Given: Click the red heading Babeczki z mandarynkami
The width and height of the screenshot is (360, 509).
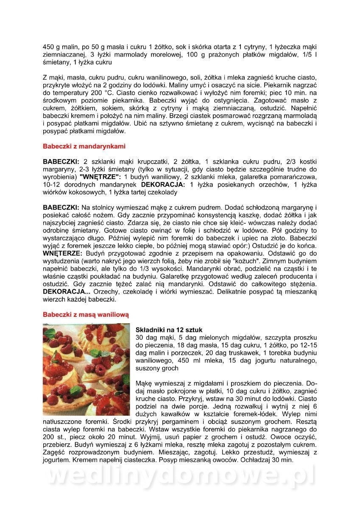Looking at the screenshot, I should click(84, 146).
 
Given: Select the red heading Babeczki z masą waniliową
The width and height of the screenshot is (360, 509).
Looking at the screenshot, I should click(86, 315).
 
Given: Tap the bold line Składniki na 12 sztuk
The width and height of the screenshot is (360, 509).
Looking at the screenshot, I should click(169, 330).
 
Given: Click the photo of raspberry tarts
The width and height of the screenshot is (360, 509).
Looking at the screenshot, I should click(86, 369).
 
